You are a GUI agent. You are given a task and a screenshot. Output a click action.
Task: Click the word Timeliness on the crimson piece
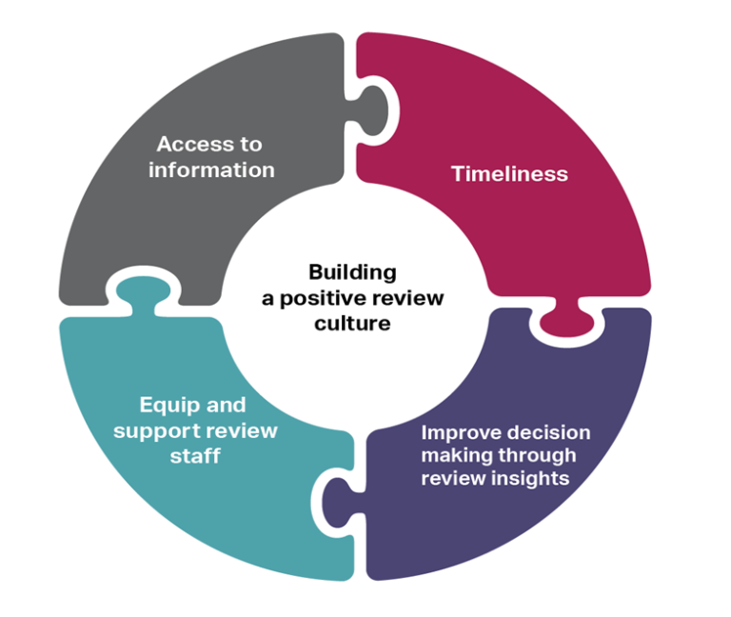509,174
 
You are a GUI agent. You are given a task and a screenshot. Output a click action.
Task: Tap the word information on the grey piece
211,170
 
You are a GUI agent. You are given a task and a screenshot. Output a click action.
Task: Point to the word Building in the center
352,272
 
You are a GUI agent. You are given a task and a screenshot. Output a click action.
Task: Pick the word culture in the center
352,324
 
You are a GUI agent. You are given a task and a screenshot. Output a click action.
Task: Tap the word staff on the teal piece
196,456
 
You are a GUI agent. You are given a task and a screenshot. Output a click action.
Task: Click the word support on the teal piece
153,431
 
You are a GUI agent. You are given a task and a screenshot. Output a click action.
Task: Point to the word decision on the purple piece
548,432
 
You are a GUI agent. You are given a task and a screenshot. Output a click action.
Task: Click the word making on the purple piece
452,455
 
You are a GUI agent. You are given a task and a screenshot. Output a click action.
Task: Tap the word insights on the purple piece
533,478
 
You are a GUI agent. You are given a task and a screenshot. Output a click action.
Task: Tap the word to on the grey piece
249,145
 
